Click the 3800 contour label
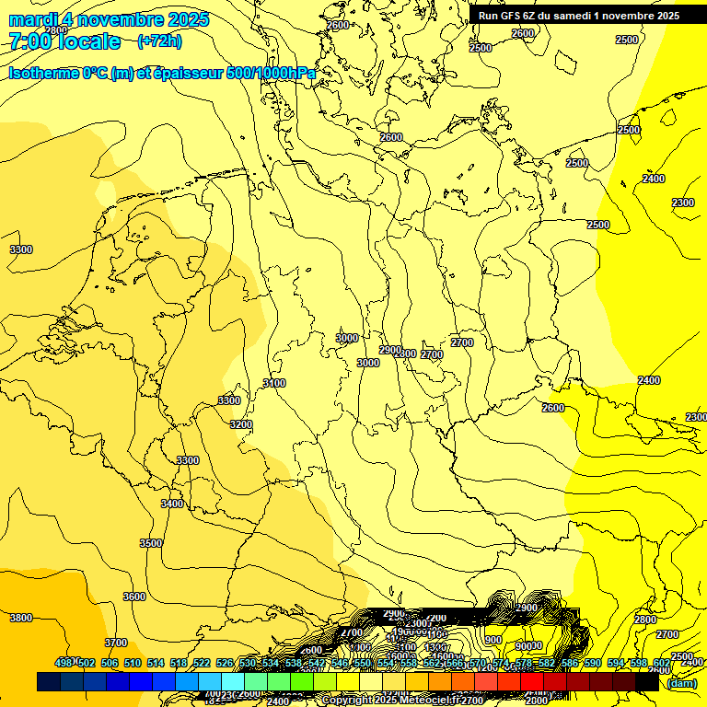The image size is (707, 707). [21, 618]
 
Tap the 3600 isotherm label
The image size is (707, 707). [134, 597]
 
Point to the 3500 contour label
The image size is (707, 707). [151, 543]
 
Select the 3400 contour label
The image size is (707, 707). [172, 504]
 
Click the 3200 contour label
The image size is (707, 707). [241, 424]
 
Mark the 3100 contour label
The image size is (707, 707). [274, 383]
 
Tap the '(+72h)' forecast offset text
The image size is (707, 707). [159, 41]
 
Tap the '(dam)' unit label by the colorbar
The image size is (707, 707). [681, 682]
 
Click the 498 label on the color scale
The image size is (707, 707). [64, 663]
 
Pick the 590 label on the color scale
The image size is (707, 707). [593, 663]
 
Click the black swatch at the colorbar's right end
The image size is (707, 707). [647, 681]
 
